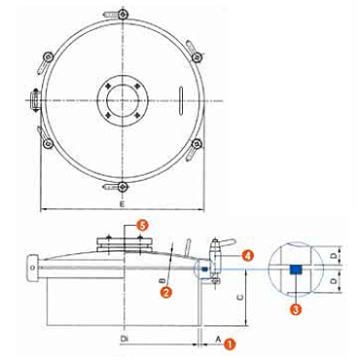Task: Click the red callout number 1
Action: (230, 344)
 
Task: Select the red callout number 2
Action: (166, 292)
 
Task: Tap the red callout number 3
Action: (296, 308)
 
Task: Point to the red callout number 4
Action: (247, 256)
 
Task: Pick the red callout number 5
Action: (142, 225)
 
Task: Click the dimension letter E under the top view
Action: (122, 204)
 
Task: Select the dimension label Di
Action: (124, 339)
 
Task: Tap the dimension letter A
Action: (218, 339)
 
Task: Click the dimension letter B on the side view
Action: (163, 280)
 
